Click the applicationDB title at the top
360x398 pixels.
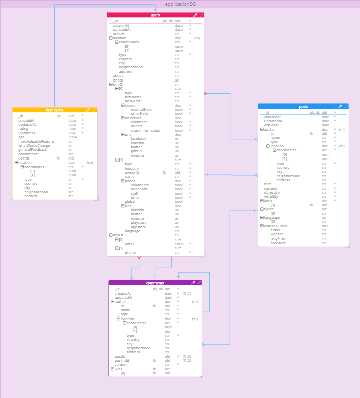click(x=180, y=4)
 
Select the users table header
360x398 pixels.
click(x=155, y=15)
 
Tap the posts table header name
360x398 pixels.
click(x=303, y=107)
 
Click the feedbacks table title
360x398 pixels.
click(x=54, y=110)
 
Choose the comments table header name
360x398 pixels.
click(x=155, y=283)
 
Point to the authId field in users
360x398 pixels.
click(x=118, y=34)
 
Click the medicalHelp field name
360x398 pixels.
click(x=141, y=109)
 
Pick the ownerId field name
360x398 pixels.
click(x=132, y=172)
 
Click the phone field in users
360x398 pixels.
click(x=130, y=252)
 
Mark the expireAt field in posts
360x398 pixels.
click(x=272, y=125)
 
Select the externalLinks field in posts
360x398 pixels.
click(x=275, y=226)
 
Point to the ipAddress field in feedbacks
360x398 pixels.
click(x=27, y=133)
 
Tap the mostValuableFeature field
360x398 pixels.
click(x=36, y=141)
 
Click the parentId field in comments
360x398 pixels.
click(x=122, y=360)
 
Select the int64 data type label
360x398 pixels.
click(x=72, y=137)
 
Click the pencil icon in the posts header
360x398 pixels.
click(x=340, y=107)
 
